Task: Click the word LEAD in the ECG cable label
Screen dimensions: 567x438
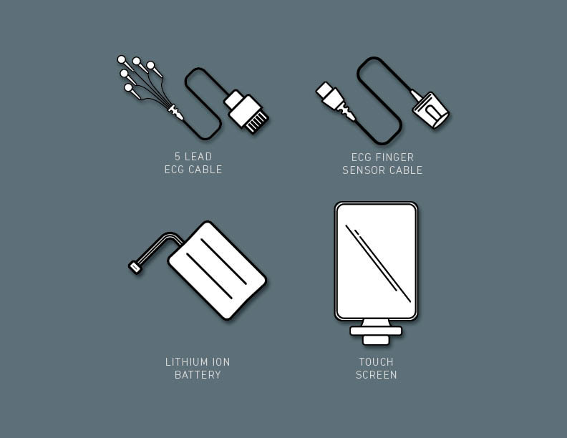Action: [x=198, y=157]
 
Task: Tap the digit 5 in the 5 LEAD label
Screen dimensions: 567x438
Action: [x=178, y=157]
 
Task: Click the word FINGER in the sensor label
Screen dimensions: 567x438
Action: [x=394, y=157]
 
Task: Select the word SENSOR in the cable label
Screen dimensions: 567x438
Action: [x=362, y=170]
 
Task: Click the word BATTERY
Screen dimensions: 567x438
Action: [x=198, y=375]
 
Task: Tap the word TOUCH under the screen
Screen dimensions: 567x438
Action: [x=376, y=361]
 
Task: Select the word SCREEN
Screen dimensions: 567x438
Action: [x=376, y=375]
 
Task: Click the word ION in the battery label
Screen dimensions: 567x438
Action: [x=221, y=361]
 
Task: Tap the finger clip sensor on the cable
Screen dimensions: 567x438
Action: [x=430, y=109]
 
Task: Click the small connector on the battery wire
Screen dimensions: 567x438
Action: [x=135, y=268]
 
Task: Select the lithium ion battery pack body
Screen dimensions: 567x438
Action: [x=217, y=271]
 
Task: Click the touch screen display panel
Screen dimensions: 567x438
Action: [x=376, y=261]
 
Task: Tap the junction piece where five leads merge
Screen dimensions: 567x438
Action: [x=175, y=112]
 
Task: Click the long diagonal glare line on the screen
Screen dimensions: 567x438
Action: [x=378, y=263]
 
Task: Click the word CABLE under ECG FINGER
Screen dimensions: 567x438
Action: [x=404, y=170]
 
